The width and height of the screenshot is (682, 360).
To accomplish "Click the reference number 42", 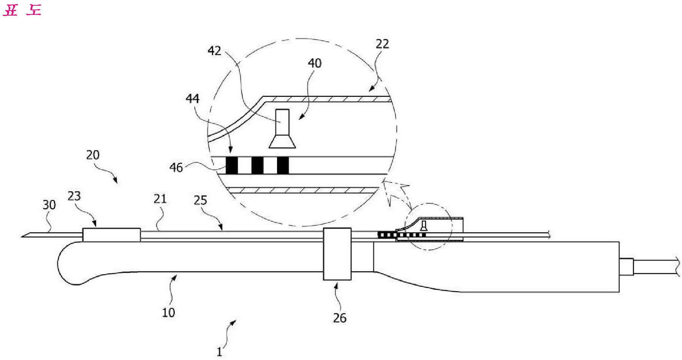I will pyautogui.click(x=215, y=51).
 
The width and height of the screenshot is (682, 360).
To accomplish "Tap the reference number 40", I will pyautogui.click(x=314, y=63).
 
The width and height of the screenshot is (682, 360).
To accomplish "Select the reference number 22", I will pyautogui.click(x=382, y=44).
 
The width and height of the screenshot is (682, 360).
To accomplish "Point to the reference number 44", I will pyautogui.click(x=192, y=98).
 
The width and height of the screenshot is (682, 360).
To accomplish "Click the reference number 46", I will pyautogui.click(x=176, y=167).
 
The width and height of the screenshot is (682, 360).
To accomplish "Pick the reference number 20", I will pyautogui.click(x=93, y=155).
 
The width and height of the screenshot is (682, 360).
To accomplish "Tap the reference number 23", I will pyautogui.click(x=74, y=196).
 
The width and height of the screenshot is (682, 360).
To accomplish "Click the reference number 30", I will pyautogui.click(x=49, y=205).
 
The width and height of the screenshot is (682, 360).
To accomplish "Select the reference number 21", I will pyautogui.click(x=160, y=198).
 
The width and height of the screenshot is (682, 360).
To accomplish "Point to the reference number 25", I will pyautogui.click(x=200, y=200).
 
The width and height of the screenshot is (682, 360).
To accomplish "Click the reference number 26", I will pyautogui.click(x=340, y=317).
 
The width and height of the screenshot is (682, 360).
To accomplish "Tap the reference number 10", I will pyautogui.click(x=168, y=312).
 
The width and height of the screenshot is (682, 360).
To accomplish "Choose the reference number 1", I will pyautogui.click(x=219, y=352).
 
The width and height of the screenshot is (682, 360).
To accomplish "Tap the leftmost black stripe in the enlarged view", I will pyautogui.click(x=232, y=165).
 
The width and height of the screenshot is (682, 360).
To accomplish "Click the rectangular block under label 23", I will pyautogui.click(x=111, y=234).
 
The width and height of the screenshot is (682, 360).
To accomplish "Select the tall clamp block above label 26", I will pyautogui.click(x=337, y=254).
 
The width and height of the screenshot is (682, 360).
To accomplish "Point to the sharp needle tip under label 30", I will pyautogui.click(x=25, y=235).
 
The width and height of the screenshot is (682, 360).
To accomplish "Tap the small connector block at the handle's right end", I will pyautogui.click(x=626, y=266).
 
